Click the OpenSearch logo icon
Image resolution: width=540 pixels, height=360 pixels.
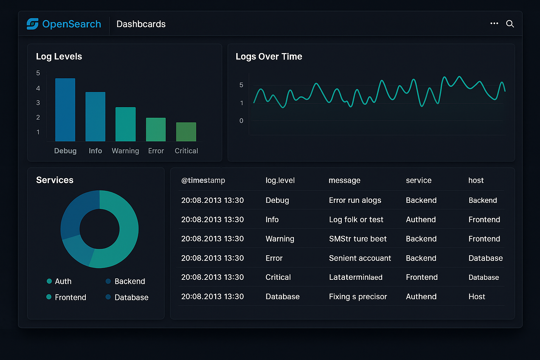click(x=32, y=24)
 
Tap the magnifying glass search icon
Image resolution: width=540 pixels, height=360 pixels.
click(x=510, y=24)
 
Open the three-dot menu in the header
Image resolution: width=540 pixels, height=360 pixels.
click(x=494, y=24)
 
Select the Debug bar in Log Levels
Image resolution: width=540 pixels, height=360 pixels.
click(x=65, y=110)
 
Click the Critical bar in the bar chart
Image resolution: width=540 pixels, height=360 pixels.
click(x=186, y=132)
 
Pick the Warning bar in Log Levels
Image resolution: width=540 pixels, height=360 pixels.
click(x=126, y=124)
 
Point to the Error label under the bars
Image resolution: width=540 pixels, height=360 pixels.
click(x=156, y=151)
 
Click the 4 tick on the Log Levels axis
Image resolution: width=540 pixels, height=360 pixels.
click(x=38, y=88)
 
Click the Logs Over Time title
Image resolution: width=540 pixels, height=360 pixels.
click(x=269, y=57)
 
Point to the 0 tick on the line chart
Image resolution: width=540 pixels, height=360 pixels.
click(x=241, y=121)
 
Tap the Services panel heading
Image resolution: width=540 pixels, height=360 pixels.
click(x=54, y=180)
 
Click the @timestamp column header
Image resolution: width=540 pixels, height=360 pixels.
click(x=203, y=180)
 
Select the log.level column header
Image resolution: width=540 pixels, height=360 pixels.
click(x=280, y=180)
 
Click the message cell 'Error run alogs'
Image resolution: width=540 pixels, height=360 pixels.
click(x=355, y=200)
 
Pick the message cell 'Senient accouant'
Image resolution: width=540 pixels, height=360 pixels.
click(x=360, y=258)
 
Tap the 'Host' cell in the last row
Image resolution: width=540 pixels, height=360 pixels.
click(x=476, y=296)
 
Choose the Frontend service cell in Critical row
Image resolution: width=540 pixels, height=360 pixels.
click(x=422, y=277)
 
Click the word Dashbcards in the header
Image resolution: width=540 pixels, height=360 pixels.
click(x=141, y=24)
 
